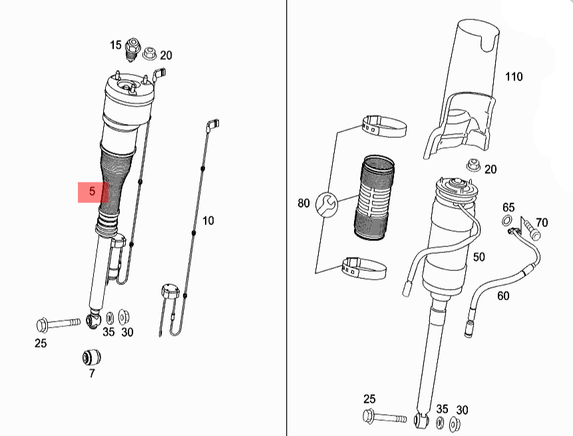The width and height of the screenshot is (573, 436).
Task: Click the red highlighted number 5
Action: point(92,191)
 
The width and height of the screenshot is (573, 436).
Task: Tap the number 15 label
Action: point(116,45)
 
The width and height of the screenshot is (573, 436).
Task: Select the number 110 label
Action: point(514,77)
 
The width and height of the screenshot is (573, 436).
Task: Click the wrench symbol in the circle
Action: point(327,204)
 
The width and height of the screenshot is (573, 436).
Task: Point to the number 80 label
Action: point(303,203)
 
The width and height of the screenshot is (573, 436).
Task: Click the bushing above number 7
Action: point(91,357)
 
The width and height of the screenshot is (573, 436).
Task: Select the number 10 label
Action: point(208,221)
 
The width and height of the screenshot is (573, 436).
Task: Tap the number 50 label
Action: point(478,257)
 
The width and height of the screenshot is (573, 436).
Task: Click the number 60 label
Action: point(503,296)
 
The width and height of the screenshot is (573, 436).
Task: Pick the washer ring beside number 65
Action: point(507,221)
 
